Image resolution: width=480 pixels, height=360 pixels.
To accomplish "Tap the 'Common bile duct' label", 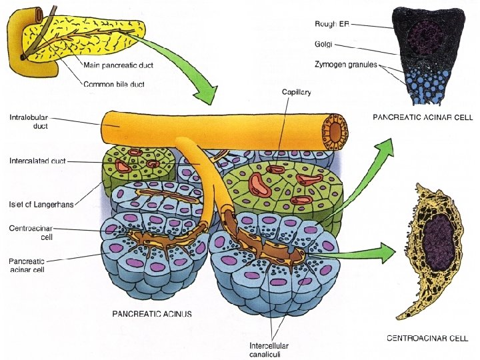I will point(113,84).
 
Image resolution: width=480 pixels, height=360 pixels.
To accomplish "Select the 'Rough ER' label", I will point(331,24).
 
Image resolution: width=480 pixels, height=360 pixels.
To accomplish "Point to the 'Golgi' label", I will point(324,45).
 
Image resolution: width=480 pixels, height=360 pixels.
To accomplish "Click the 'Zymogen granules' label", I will point(345,65).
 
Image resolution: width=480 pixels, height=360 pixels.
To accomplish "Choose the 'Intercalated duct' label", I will point(37,161).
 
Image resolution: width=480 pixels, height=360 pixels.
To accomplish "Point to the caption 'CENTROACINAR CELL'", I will point(427,339).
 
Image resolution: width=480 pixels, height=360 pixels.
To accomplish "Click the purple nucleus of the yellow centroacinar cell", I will point(438,240).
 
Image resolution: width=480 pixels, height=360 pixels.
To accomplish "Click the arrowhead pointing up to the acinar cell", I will point(389,144).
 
